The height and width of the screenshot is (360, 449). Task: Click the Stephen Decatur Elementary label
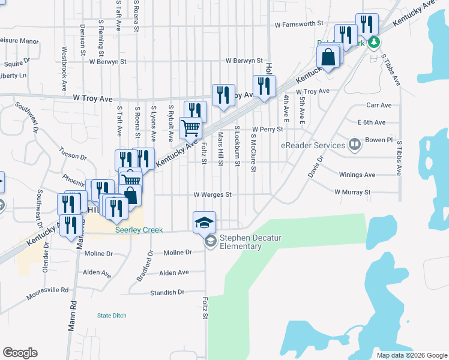250,242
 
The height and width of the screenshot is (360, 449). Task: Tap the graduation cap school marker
204,222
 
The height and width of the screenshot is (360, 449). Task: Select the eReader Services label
313,145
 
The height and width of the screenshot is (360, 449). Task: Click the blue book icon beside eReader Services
354,144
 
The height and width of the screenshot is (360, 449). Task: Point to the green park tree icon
374,42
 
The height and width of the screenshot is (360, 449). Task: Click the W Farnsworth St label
299,25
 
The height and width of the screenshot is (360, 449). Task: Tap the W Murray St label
353,192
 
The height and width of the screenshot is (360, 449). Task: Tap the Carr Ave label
378,105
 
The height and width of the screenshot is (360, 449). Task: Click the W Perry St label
267,129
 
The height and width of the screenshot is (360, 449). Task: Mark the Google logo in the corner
20,353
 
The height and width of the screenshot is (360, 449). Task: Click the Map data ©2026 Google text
412,355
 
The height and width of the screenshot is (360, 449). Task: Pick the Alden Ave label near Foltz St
174,272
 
